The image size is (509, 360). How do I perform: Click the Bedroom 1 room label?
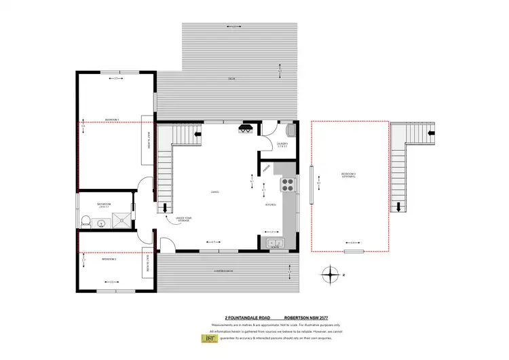point(112,120)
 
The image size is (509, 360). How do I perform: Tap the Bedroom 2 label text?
point(109,259)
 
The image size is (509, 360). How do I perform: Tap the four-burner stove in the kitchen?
point(287,183)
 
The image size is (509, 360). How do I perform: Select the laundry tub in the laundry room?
point(290,130)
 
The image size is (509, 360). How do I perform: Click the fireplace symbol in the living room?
point(246,128)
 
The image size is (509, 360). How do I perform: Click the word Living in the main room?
point(214,193)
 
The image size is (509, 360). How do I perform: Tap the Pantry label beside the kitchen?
point(267,166)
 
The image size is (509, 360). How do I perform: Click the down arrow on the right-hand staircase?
point(400,206)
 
